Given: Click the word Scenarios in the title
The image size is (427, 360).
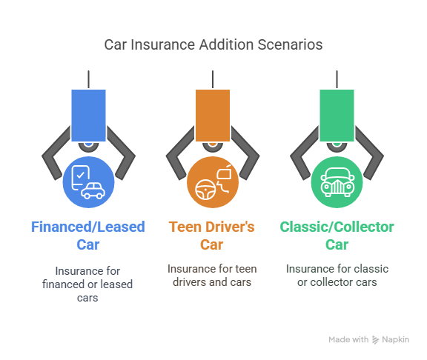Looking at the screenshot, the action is [x=290, y=44].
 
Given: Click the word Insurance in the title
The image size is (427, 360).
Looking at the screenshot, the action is [x=163, y=44].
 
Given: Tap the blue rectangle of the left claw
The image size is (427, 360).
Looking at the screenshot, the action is [x=88, y=116].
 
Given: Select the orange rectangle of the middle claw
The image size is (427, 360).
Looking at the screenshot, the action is [x=213, y=116].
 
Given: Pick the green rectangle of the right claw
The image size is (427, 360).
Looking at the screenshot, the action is [x=337, y=116].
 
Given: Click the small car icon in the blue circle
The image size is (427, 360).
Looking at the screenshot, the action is [x=93, y=191].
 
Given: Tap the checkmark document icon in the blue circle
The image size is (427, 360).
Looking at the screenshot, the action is [x=80, y=178].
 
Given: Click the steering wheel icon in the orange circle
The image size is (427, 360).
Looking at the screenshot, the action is [x=205, y=190].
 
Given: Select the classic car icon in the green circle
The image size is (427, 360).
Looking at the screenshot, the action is [x=337, y=182].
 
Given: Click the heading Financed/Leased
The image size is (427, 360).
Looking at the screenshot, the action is [x=88, y=227].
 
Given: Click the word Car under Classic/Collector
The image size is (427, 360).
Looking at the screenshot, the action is [x=337, y=244].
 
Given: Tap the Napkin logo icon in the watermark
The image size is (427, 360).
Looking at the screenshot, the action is [x=376, y=340].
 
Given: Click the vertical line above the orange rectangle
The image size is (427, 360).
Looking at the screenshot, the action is [x=213, y=79].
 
